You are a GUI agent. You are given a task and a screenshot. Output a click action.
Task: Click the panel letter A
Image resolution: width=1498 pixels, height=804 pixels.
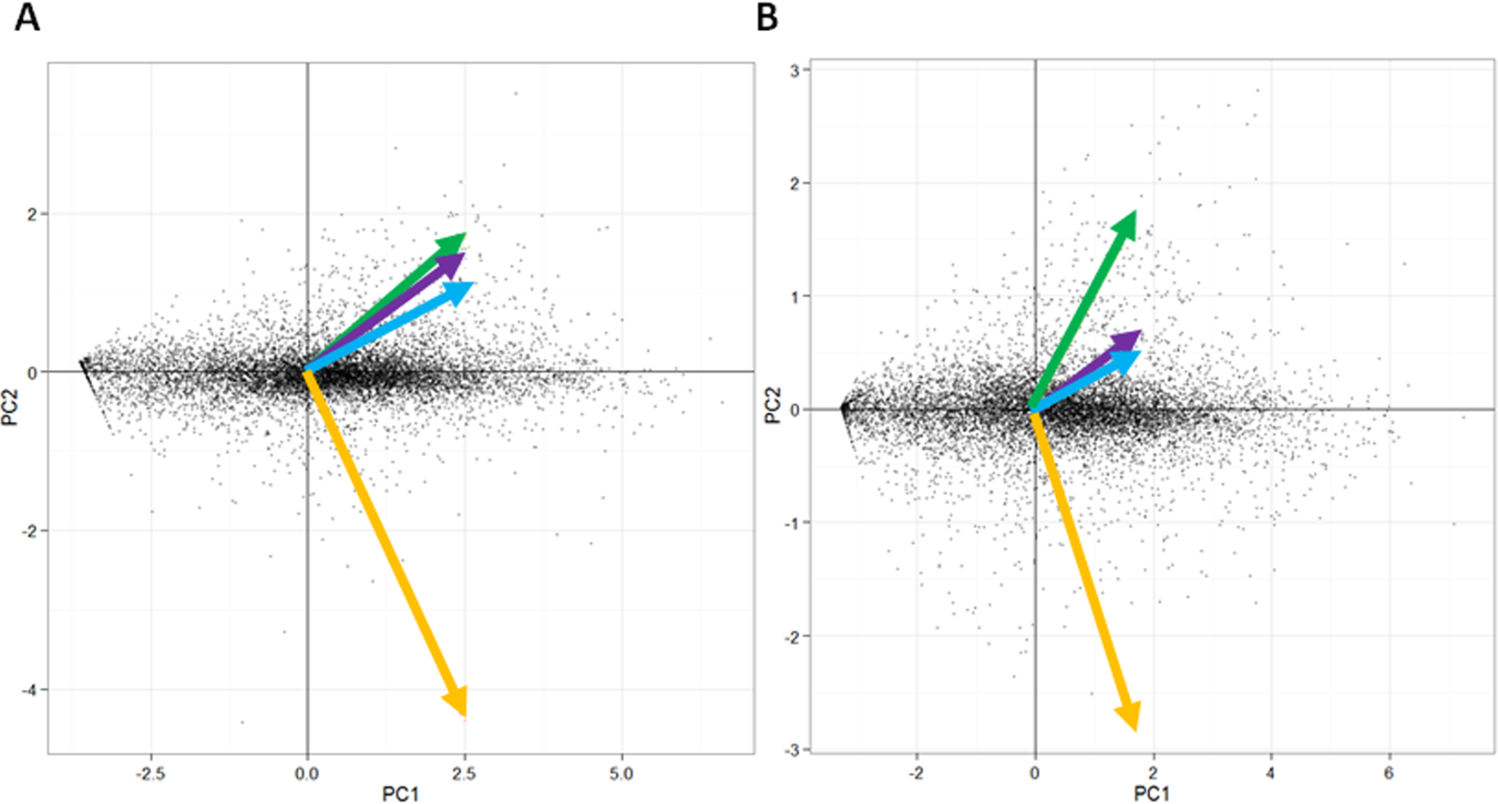click(x=27, y=17)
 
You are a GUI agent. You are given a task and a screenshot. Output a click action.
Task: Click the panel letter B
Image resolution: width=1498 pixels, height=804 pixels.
click(x=767, y=17)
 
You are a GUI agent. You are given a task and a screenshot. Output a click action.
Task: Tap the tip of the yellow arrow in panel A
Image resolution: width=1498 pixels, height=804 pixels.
click(x=465, y=715)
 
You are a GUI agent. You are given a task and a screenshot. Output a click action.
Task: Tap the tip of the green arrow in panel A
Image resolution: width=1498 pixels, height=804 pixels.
click(x=465, y=234)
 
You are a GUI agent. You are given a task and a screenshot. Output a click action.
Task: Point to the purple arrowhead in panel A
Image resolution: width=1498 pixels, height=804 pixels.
click(x=451, y=265)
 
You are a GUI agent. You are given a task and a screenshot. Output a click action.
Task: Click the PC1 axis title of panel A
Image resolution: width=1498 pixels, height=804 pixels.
click(x=400, y=794)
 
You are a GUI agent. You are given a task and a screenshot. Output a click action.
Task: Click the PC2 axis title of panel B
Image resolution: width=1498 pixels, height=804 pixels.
click(x=773, y=406)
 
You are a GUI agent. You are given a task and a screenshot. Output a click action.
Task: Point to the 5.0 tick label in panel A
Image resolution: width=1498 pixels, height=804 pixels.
click(x=621, y=774)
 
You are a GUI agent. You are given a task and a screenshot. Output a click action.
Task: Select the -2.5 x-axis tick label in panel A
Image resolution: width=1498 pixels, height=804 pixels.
click(x=150, y=774)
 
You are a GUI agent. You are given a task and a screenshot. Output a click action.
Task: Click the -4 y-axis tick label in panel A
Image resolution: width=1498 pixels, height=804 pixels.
click(x=31, y=690)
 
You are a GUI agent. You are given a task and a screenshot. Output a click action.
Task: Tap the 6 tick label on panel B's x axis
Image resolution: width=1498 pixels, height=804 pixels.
click(x=1389, y=774)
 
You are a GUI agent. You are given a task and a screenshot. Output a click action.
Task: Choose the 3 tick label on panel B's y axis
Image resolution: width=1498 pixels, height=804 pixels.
click(x=795, y=70)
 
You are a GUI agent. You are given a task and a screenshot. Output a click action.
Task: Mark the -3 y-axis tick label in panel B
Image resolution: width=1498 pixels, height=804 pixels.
click(x=792, y=750)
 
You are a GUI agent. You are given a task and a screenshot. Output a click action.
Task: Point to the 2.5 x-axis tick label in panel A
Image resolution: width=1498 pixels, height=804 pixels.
click(x=464, y=774)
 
